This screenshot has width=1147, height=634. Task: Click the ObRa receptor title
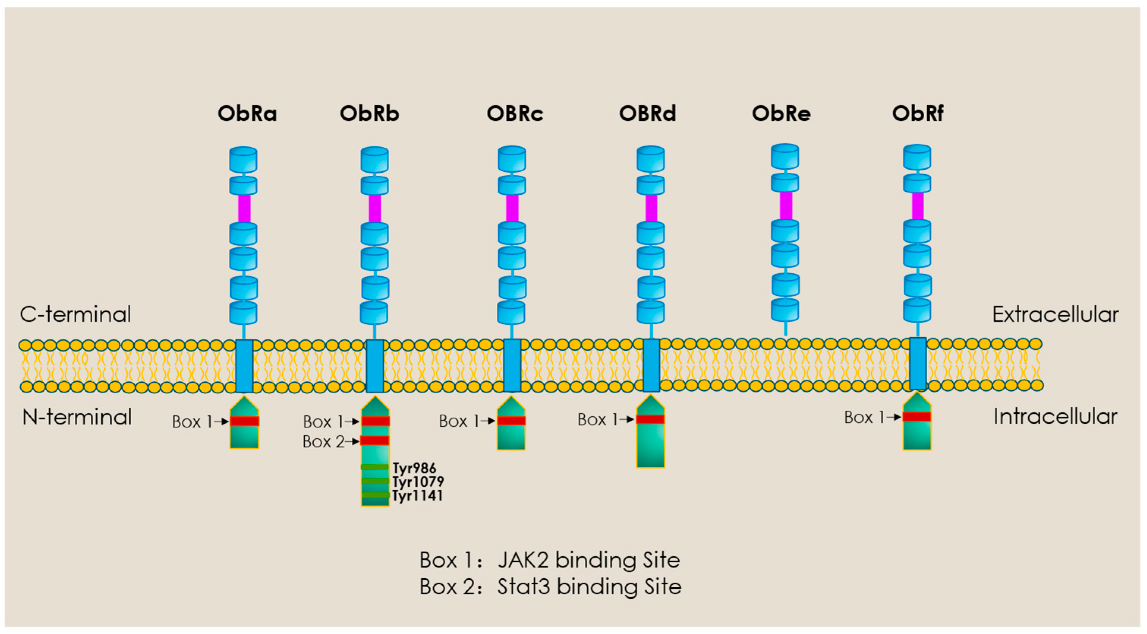[x=247, y=114]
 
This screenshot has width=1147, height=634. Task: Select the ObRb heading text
[x=369, y=114]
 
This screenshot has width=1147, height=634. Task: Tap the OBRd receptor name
[x=647, y=114]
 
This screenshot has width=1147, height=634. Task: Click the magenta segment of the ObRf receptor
[x=917, y=206]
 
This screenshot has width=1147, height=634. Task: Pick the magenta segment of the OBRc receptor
[x=512, y=208]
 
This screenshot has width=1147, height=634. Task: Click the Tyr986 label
[x=414, y=468]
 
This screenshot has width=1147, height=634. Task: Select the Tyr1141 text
[x=417, y=495]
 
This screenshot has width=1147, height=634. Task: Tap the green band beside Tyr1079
[x=375, y=481]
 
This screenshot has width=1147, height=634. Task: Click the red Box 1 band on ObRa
[x=244, y=421]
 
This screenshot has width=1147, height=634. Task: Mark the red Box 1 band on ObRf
[x=917, y=416]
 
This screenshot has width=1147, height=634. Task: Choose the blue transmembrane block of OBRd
[x=651, y=365]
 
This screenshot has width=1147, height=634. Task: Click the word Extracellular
[x=1055, y=315]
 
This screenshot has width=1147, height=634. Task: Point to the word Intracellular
[x=1055, y=417]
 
